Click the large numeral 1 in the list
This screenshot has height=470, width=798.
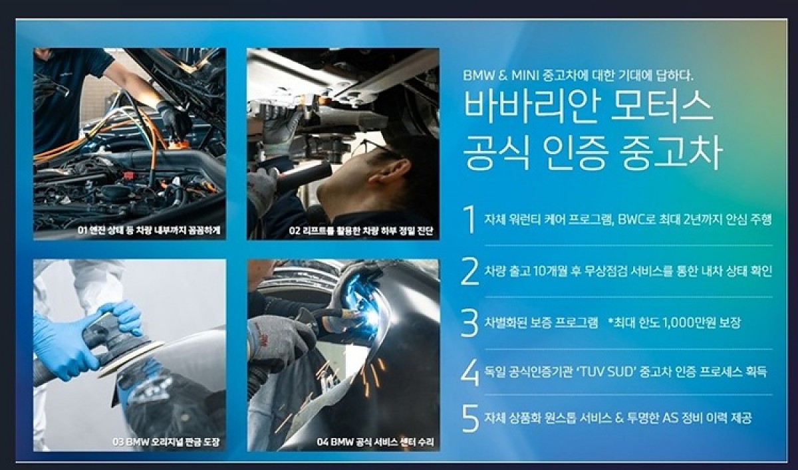click(470, 219)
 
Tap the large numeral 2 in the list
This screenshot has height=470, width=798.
click(469, 271)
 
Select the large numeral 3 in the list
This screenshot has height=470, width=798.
click(469, 322)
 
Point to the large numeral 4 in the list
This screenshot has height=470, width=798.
click(470, 372)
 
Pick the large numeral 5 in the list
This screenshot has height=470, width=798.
click(470, 418)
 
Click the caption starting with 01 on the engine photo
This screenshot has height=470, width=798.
click(149, 231)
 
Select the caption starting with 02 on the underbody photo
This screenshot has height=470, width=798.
click(361, 231)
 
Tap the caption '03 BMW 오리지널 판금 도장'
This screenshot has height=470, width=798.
click(166, 442)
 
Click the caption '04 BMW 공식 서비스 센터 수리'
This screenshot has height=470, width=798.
click(376, 442)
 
